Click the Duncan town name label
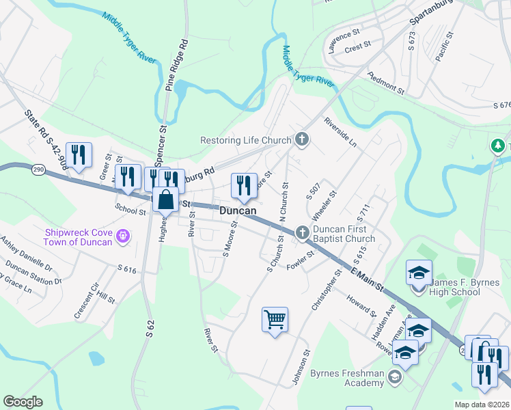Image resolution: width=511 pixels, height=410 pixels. click(238, 211)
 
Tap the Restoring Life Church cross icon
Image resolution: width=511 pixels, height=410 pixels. click(302, 141)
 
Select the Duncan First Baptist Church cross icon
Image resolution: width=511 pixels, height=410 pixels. click(302, 234)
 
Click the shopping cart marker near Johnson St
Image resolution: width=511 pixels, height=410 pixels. click(275, 319)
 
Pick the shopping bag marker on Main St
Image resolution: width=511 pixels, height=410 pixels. click(166, 201)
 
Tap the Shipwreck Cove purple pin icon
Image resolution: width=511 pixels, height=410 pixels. click(123, 236)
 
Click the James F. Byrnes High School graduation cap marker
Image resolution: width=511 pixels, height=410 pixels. click(418, 273)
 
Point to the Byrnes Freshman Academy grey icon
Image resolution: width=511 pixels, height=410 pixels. click(394, 377)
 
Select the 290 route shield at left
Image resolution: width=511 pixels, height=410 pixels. click(38, 172)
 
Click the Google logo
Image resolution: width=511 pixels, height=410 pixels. click(23, 402)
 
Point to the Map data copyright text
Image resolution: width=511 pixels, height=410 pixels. click(482, 405)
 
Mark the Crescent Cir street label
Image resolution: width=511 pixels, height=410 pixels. click(87, 301)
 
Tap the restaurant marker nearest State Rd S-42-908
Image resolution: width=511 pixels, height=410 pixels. click(80, 155)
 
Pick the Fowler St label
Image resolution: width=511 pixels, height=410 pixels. click(300, 258)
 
